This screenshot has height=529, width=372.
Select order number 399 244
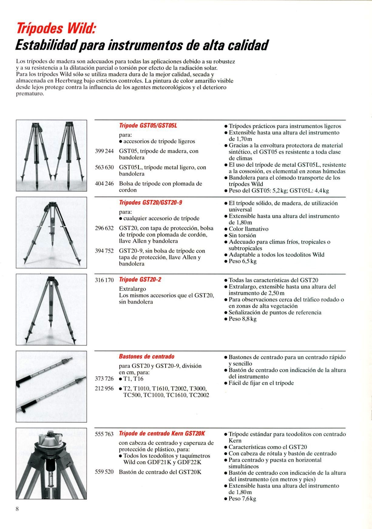coord(104,151)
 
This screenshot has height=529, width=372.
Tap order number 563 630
coord(104,167)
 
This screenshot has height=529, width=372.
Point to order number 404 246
coord(104,184)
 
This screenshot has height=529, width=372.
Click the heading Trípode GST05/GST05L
coord(148,125)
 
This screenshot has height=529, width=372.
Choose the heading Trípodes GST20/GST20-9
coord(150,202)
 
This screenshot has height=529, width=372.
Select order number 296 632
coord(104,228)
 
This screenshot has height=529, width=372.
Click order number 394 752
coord(104,251)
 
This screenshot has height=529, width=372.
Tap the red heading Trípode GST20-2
coord(140,279)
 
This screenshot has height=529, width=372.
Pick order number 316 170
coord(104,280)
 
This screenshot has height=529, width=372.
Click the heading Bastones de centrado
coord(147,357)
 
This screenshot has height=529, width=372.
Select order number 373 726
coord(104,379)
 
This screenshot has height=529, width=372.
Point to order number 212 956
coord(104,388)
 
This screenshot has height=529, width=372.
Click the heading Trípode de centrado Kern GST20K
coord(162,434)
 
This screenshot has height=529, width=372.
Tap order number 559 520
coord(104,472)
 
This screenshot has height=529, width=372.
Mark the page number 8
coord(17,509)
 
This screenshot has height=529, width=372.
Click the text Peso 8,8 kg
coord(242,319)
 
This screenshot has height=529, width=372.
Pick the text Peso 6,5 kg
coord(242,261)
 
